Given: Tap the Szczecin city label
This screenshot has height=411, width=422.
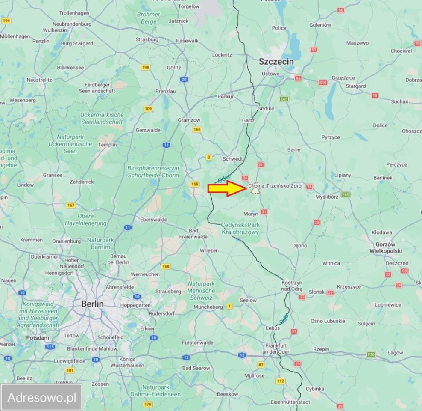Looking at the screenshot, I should point(276,62).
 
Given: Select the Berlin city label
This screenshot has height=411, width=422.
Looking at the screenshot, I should point(92,304).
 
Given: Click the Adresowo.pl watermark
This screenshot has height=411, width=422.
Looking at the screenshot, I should point(42,397).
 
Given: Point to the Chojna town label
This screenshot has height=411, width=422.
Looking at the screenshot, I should point(256,186).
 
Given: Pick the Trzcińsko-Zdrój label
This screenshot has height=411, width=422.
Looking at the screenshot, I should point(284,186).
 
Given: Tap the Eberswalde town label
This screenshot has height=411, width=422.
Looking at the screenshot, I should point(154,220).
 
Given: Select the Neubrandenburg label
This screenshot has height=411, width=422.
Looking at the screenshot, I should point(71,24).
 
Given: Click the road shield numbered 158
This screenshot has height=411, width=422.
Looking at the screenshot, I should point(195,184).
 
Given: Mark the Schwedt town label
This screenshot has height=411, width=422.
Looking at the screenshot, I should point(233,158).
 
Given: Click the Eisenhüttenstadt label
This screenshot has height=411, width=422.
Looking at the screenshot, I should point(290,402).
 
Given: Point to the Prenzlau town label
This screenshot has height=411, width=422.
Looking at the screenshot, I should point(166,91).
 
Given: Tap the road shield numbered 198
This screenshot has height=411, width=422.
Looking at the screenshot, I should point(146,67).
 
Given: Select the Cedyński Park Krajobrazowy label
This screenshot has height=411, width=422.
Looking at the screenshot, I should point(240,228).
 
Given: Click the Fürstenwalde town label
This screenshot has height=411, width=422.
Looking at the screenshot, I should point(197,342).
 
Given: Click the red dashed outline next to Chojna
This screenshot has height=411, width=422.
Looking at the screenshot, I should point(255,190).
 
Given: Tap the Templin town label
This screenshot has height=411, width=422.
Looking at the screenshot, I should point(107,145).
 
